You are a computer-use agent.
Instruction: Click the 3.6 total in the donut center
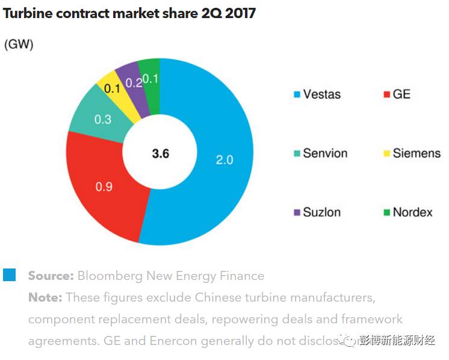pyautogui.click(x=160, y=154)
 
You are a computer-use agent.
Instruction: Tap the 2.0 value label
pyautogui.click(x=224, y=160)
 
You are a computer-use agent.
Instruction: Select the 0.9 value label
pyautogui.click(x=104, y=187)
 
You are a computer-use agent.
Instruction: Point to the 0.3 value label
pyautogui.click(x=103, y=119)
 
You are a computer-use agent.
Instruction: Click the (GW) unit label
pyautogui.click(x=19, y=45)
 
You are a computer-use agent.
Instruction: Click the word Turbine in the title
pyautogui.click(x=28, y=13)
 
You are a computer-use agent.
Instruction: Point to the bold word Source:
pyautogui.click(x=51, y=276)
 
